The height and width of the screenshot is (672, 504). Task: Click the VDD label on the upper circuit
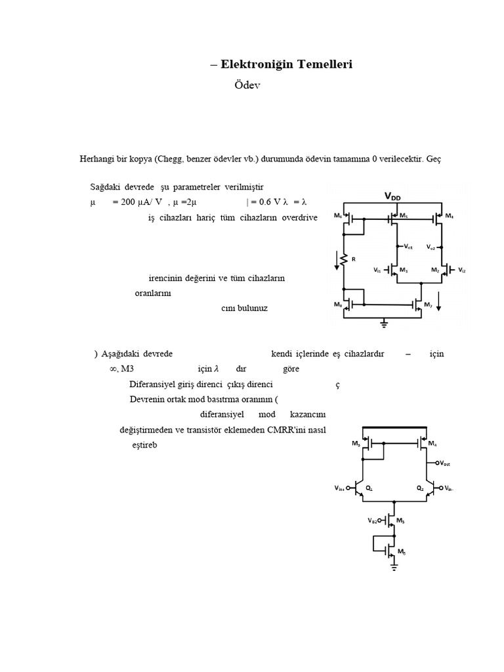(394, 196)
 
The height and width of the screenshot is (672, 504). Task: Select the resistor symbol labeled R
(343, 258)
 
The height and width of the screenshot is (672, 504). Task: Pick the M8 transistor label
(337, 304)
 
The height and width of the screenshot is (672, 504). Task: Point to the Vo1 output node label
(408, 247)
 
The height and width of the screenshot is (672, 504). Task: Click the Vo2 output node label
(431, 247)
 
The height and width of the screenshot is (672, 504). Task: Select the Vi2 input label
(461, 270)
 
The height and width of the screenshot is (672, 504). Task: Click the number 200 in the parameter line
(124, 202)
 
